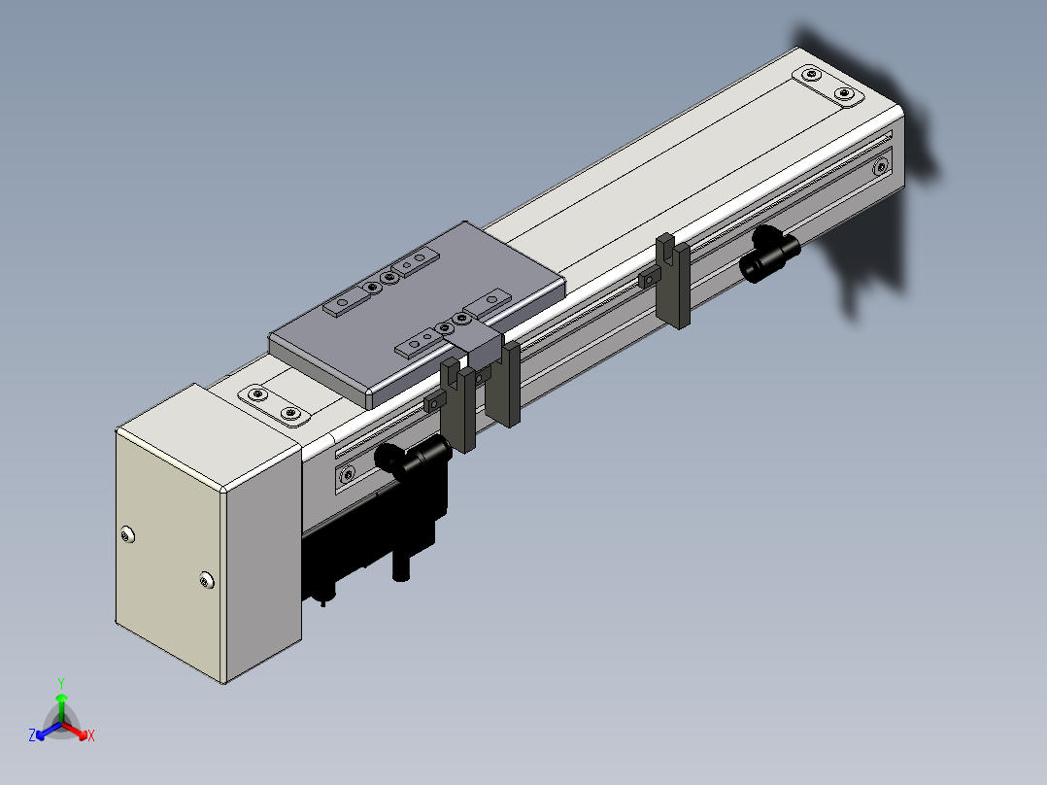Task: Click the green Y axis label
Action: (x=61, y=683)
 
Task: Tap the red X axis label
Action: (x=91, y=735)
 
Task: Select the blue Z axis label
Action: (x=32, y=735)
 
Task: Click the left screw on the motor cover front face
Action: (x=127, y=534)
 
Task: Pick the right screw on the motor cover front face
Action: (x=207, y=580)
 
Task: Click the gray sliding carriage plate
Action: (x=418, y=314)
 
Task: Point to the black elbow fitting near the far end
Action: (x=770, y=254)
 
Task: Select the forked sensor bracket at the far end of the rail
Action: (x=672, y=281)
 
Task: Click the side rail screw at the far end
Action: (x=881, y=166)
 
